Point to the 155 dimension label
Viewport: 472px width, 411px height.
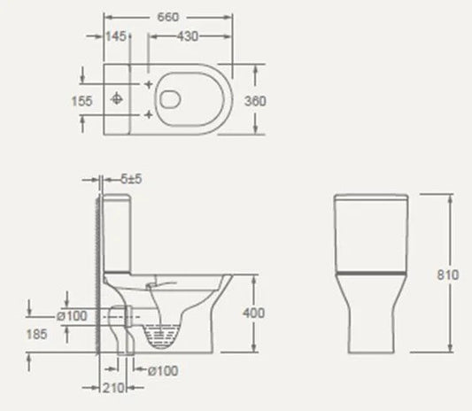click(x=81, y=101)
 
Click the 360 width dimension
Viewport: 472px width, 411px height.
click(x=254, y=101)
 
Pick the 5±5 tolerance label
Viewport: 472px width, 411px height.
click(x=130, y=179)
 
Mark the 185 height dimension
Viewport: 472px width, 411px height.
click(x=40, y=334)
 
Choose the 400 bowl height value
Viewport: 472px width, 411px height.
click(x=254, y=313)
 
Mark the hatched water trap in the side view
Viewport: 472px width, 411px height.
click(x=160, y=336)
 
